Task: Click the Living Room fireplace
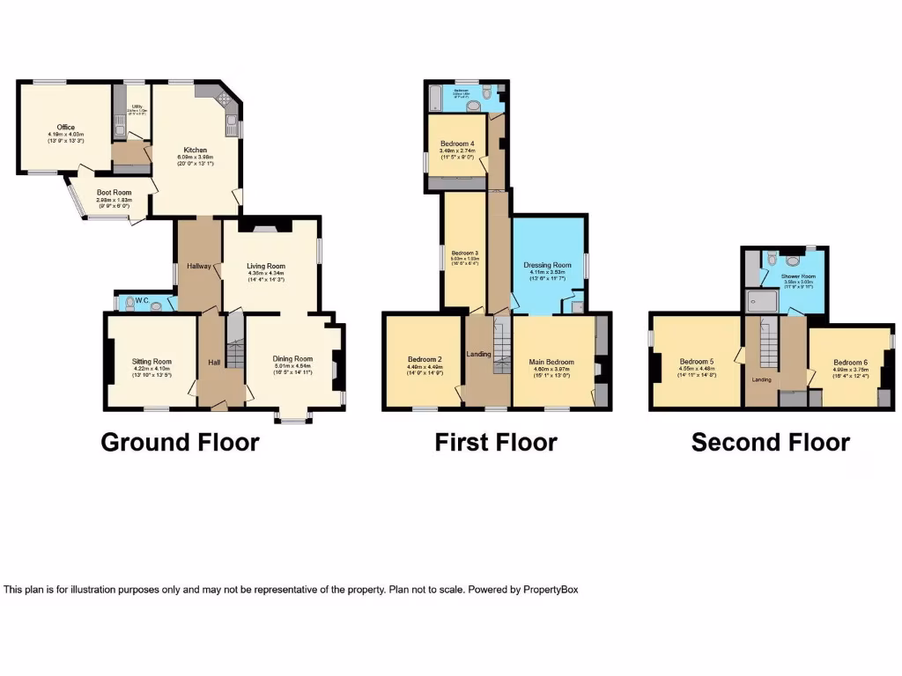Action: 266,227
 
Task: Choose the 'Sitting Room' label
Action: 152,362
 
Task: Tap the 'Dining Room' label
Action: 292,359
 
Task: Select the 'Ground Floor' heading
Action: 180,442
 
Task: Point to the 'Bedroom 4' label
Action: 457,143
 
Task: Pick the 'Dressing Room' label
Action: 548,265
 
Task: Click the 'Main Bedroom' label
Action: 551,362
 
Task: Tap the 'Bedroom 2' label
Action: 424,359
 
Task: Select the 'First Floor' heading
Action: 495,442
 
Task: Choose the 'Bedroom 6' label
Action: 851,362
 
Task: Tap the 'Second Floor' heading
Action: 770,442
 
